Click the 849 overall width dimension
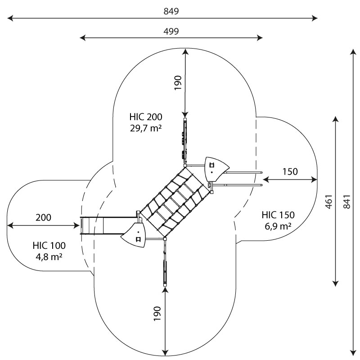[x=171, y=11]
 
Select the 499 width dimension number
[x=171, y=31]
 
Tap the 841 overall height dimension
[x=347, y=202]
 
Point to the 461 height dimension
[x=329, y=202]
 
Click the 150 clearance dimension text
[x=290, y=171]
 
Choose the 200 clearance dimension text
[x=43, y=217]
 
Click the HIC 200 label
[x=146, y=117]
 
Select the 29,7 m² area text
[x=146, y=128]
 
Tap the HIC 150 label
[x=278, y=215]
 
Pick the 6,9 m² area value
[x=278, y=226]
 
